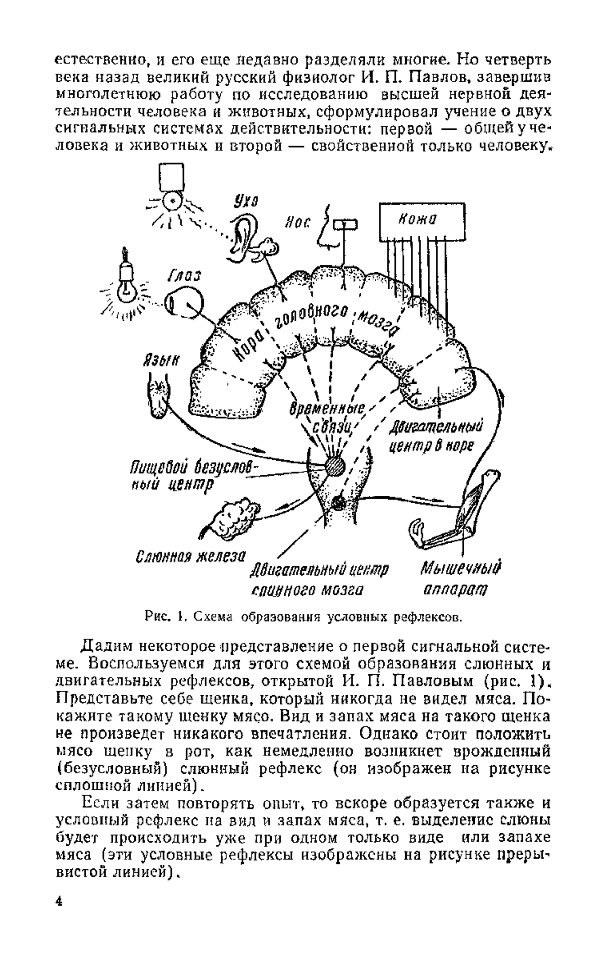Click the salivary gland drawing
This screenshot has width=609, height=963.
click(x=234, y=516)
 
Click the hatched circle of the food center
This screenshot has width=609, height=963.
click(x=333, y=465)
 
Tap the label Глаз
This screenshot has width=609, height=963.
click(x=184, y=275)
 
